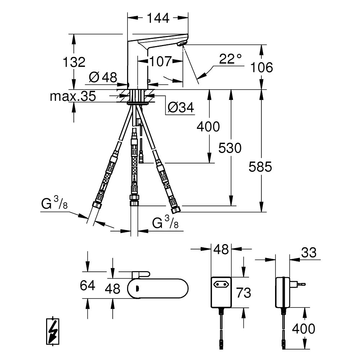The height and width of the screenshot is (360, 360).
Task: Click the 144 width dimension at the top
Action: [158, 18]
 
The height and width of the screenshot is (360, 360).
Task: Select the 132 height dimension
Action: [75, 62]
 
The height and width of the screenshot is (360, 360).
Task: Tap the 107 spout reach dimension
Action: [161, 62]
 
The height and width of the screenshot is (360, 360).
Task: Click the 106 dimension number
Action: [262, 67]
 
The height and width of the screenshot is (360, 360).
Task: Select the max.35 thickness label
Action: [73, 96]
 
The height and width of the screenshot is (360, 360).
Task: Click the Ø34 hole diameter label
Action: [181, 107]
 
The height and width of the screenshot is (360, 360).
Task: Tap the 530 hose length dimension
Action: [231, 148]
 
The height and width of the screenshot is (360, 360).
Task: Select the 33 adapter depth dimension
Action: [309, 253]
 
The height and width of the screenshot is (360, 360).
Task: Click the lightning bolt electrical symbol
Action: [54, 332]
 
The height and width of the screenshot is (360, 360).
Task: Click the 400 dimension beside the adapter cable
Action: [303, 328]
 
